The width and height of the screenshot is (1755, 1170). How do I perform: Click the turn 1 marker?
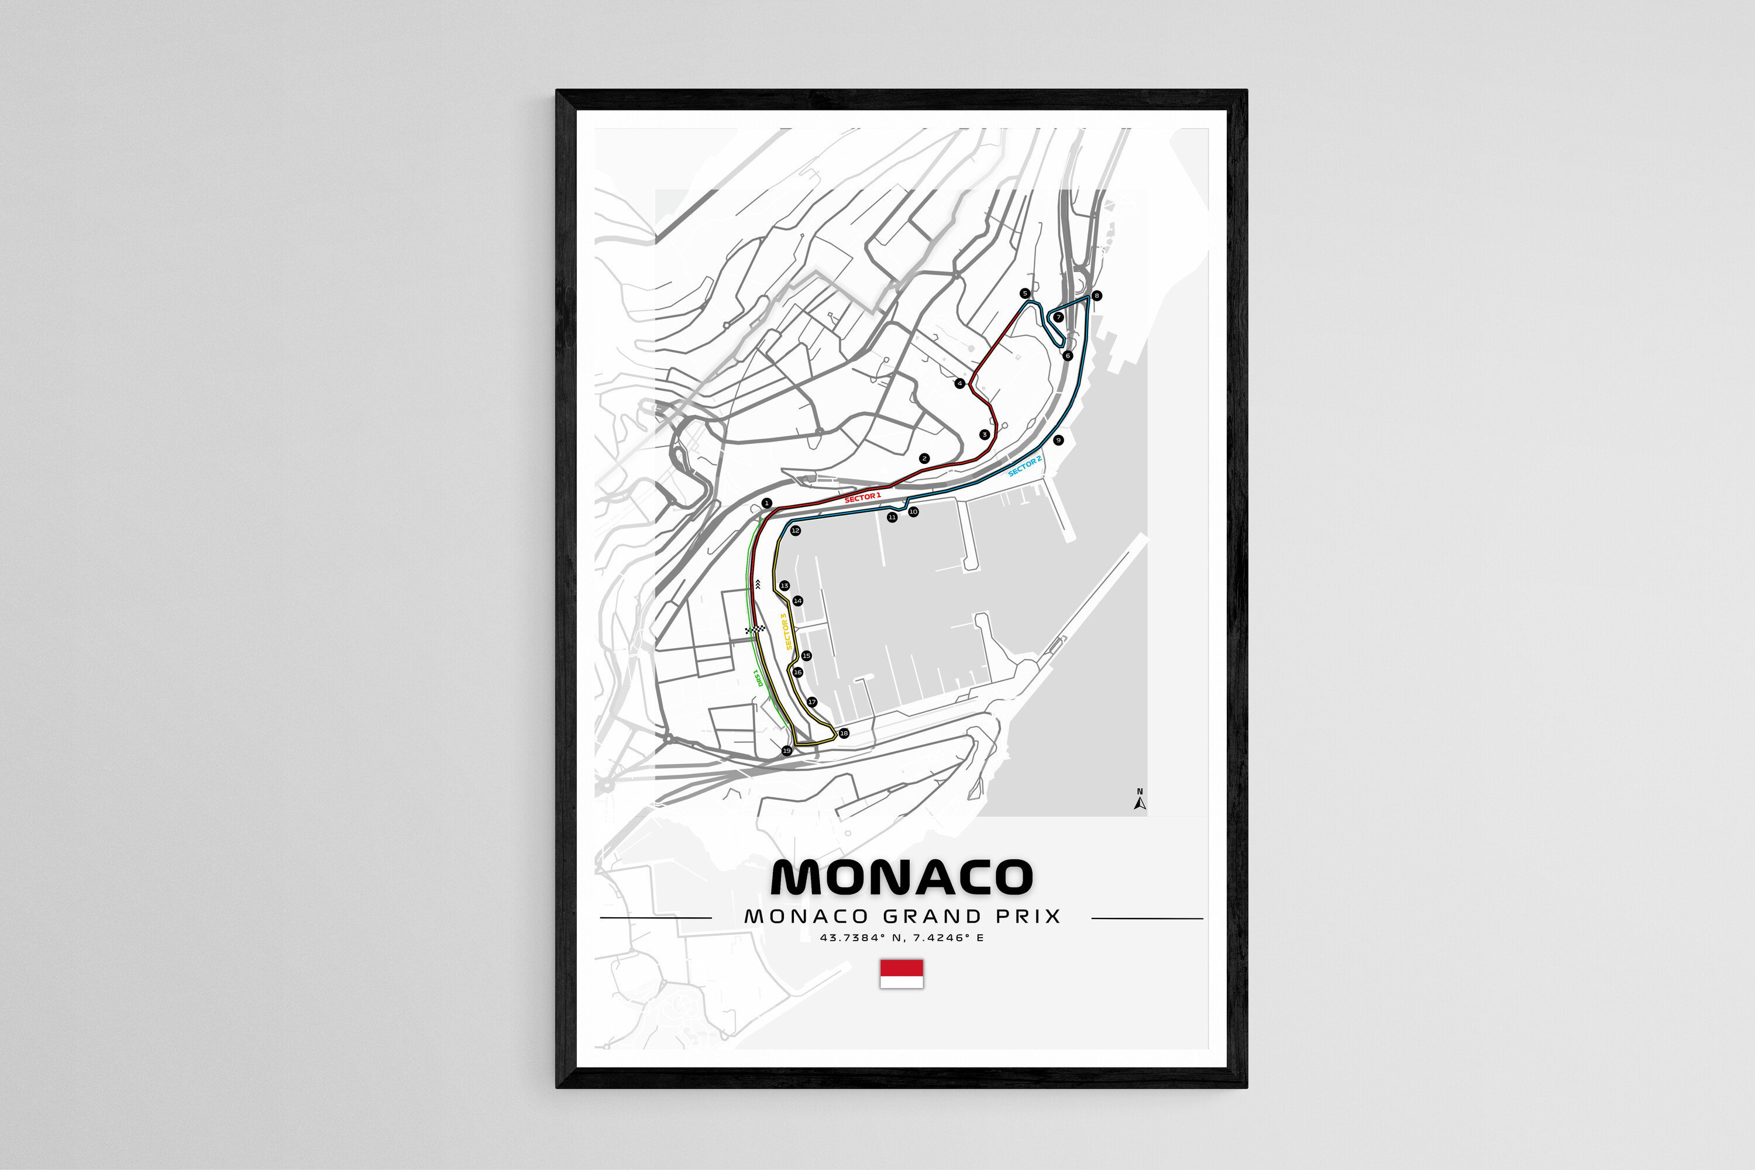pos(766,504)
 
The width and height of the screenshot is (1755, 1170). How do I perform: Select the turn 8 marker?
pos(1096,295)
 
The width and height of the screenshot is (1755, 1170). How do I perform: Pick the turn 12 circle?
pos(796,531)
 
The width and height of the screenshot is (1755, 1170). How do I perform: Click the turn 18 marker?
pos(844,733)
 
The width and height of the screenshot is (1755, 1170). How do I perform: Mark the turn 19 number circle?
pos(786,751)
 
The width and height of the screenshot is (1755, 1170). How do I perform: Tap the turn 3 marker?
pos(984,434)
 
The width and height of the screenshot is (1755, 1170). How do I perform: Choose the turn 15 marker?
pos(806,656)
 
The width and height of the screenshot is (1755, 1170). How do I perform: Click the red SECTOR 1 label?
pos(862,497)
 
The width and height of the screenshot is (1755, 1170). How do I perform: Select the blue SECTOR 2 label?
pos(1024,466)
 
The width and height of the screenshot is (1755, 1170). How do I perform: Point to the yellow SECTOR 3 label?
pos(786,631)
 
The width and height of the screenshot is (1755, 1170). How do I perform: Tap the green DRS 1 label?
pos(759,677)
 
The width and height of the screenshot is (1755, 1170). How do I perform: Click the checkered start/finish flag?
pos(755,631)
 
